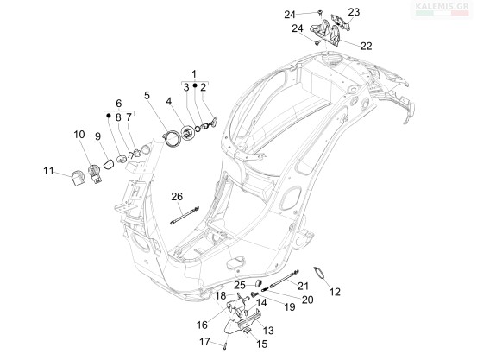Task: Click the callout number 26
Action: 177,197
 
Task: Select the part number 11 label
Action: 48,171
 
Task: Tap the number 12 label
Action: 335,292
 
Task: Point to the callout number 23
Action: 354,12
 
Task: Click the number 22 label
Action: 367,46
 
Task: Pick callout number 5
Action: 147,96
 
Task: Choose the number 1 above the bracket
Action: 194,74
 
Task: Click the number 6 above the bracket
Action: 119,103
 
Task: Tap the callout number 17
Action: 204,342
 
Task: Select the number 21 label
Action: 303,286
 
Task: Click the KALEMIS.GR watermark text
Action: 442,6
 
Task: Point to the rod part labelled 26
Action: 185,216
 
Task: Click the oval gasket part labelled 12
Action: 319,272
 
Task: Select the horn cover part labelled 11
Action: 78,178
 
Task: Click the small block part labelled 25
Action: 259,283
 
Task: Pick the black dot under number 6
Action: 108,116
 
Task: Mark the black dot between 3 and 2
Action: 195,85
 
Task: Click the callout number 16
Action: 202,325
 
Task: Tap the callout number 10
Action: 79,135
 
